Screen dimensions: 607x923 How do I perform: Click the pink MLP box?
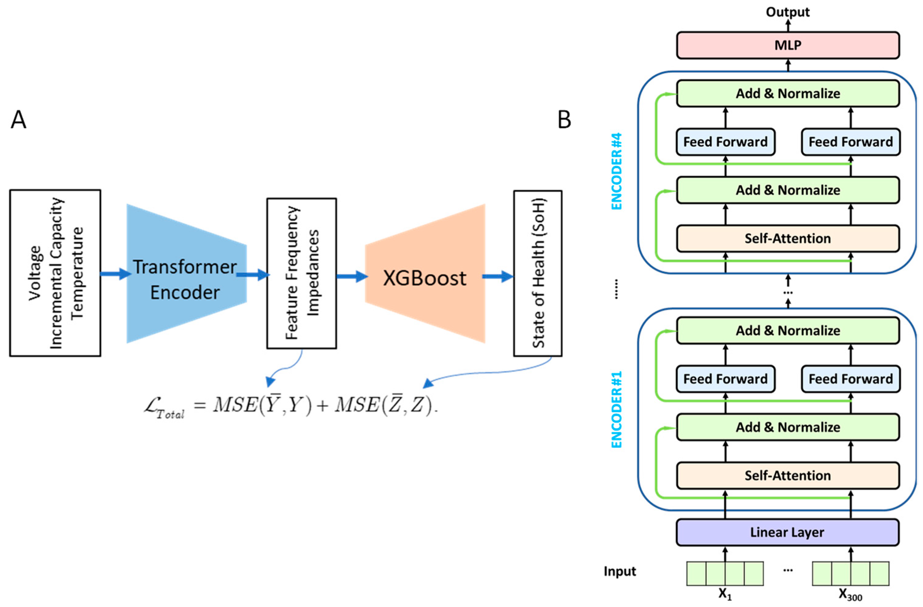pyautogui.click(x=788, y=45)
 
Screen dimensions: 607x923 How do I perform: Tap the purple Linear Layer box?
pyautogui.click(x=787, y=532)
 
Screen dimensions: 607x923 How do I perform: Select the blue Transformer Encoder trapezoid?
pyautogui.click(x=186, y=274)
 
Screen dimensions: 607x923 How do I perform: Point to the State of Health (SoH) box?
pyautogui.click(x=538, y=273)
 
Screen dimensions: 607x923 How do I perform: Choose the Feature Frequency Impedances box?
pyautogui.click(x=301, y=273)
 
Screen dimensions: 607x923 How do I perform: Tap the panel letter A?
pyautogui.click(x=18, y=120)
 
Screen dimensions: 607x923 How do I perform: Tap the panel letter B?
pyautogui.click(x=564, y=120)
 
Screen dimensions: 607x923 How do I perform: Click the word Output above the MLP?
pyautogui.click(x=788, y=12)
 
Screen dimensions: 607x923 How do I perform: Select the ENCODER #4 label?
pyautogui.click(x=617, y=172)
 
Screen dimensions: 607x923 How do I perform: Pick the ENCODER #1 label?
pyautogui.click(x=617, y=409)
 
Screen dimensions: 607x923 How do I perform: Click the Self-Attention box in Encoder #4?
pyautogui.click(x=788, y=239)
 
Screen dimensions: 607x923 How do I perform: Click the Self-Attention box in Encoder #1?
pyautogui.click(x=788, y=476)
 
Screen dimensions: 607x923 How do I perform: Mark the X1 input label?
pyautogui.click(x=725, y=594)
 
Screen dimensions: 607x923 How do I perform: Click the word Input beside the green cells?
pyautogui.click(x=620, y=571)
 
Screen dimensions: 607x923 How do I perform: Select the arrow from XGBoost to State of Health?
pyautogui.click(x=498, y=276)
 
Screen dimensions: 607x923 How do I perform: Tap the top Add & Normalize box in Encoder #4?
pyautogui.click(x=788, y=94)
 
